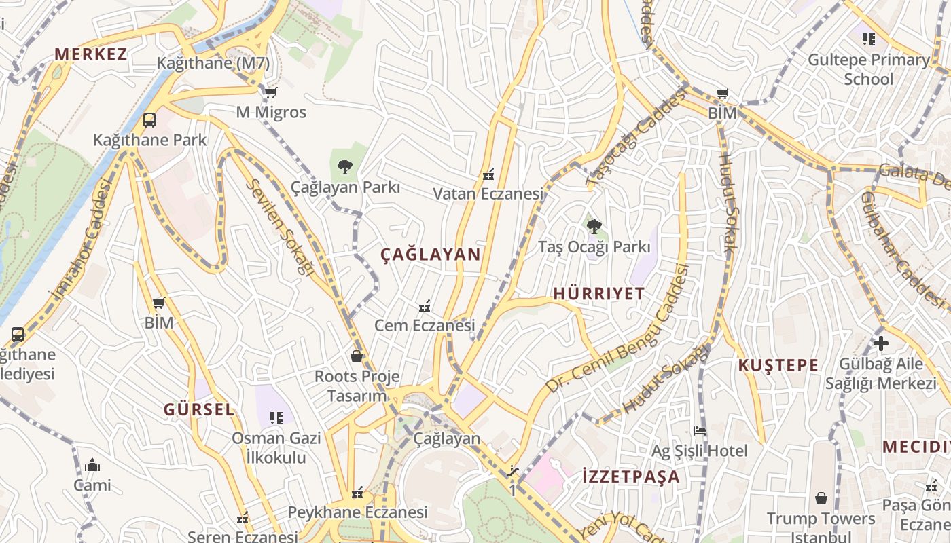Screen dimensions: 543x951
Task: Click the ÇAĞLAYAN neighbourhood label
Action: coord(430,255)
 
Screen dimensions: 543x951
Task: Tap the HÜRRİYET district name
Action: coord(598,293)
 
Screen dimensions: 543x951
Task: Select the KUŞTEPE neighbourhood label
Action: coord(778,365)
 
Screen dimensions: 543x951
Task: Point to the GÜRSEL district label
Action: coord(198,409)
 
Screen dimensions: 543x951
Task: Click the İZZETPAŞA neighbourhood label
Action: coord(631,476)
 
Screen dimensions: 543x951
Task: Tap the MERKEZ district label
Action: coord(91,54)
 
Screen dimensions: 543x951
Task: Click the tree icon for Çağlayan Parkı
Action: coord(345,166)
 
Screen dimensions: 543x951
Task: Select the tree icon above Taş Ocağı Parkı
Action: coord(594,226)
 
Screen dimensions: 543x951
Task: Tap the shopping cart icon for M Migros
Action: coord(271,92)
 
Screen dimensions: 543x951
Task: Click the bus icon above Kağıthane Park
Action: coord(149,120)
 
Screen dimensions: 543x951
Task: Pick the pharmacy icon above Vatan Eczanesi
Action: coord(488,174)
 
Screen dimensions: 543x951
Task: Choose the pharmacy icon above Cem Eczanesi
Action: coord(425,306)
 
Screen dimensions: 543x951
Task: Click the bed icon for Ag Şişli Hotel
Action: coord(699,431)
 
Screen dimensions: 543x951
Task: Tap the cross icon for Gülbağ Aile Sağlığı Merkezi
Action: coord(881,343)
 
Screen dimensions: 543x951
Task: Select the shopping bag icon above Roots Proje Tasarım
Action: coord(357,356)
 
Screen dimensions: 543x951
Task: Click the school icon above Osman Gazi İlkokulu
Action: coord(276,417)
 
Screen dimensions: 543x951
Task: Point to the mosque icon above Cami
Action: coord(92,465)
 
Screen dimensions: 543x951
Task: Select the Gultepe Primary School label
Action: coord(869,69)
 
